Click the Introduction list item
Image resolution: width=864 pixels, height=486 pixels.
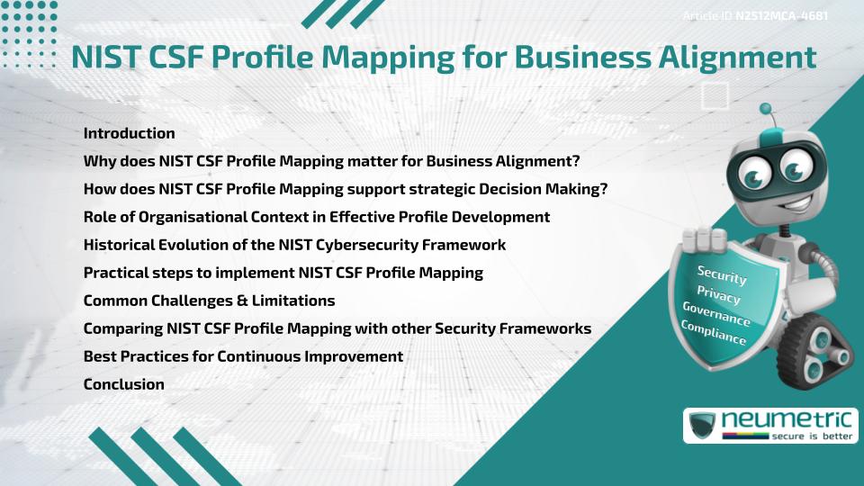[x=129, y=133]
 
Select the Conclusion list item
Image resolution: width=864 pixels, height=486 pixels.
[x=123, y=384]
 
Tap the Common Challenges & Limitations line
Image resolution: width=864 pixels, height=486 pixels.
[x=209, y=301]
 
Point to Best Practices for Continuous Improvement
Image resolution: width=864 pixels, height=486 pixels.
[x=243, y=356]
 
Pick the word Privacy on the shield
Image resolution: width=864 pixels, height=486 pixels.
[x=718, y=294]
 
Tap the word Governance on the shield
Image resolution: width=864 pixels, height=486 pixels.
[x=716, y=314]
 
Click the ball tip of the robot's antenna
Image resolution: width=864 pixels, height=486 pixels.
[x=766, y=110]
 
